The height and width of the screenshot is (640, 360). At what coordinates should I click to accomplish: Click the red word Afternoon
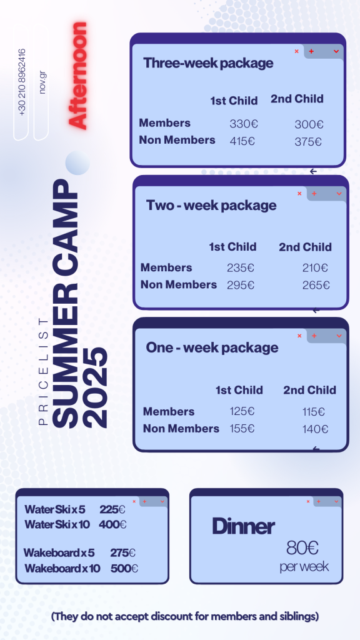coord(77,76)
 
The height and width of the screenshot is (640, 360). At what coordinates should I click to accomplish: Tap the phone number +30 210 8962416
coord(22,82)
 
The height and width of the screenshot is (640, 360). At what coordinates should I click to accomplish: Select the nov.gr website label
coord(42,82)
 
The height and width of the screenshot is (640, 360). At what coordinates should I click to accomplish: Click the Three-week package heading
coord(208,63)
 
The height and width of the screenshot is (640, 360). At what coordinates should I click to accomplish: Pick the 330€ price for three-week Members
coord(244,124)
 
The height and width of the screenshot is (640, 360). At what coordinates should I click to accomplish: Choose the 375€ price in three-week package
coord(308,142)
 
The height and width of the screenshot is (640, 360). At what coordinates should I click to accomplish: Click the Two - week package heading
coord(211,205)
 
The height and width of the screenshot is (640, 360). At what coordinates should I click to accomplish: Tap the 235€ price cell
coord(241,267)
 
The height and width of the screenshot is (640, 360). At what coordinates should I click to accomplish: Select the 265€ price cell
coord(316,285)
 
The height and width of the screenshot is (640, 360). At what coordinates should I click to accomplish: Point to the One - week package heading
coord(212,347)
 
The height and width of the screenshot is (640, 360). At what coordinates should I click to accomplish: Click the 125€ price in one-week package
coord(242,411)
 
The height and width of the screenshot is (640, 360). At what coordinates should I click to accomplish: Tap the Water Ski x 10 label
coord(57,524)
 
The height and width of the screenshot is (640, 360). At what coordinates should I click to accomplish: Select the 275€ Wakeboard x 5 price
coord(123,553)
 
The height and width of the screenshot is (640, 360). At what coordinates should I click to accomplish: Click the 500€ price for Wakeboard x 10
coord(124,568)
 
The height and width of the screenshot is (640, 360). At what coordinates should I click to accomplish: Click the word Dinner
coord(243,526)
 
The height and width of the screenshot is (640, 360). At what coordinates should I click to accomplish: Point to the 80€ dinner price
coord(302,547)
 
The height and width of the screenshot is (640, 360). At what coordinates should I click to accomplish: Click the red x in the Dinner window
coord(308,501)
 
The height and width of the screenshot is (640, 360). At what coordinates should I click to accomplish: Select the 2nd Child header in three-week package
coord(297,99)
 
